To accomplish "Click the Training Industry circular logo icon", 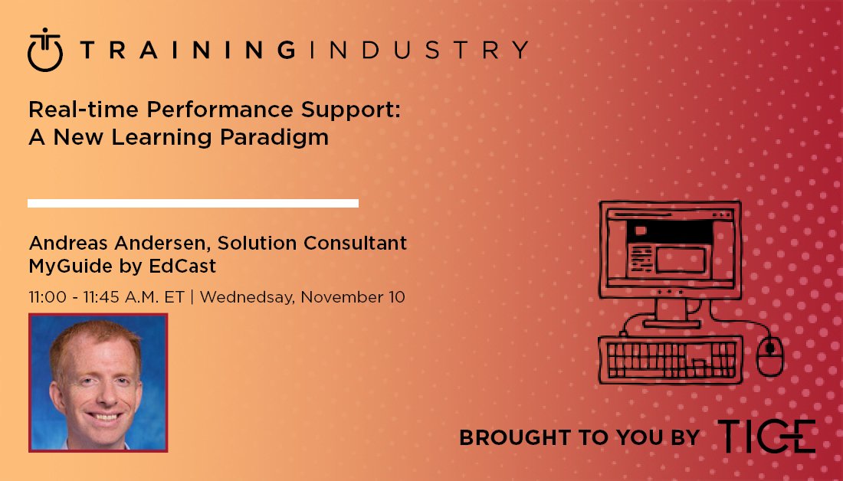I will coord(45,51).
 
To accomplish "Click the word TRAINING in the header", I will coord(188,51).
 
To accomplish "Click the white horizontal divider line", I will coord(193,203).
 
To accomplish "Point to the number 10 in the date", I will coord(395,296).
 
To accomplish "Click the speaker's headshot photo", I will coord(98,382).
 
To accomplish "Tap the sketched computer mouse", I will coord(769,357).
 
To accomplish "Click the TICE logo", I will coord(766,437).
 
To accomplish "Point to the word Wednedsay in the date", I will coord(248,296).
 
